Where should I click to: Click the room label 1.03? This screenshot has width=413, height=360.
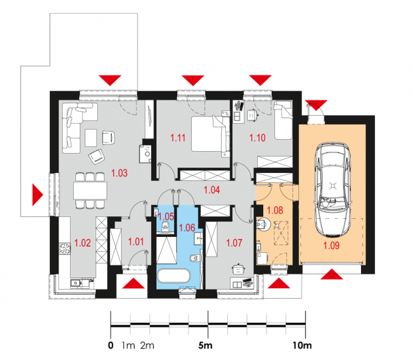click(x=119, y=173)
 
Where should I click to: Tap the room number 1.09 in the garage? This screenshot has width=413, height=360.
click(x=331, y=246)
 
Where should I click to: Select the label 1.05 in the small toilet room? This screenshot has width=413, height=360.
click(x=167, y=216)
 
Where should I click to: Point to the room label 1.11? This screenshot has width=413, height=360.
click(x=178, y=138)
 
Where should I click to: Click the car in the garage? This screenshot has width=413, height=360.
click(x=333, y=190)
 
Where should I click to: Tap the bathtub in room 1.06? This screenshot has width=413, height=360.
click(x=173, y=276)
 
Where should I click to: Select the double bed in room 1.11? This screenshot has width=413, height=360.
click(x=210, y=134)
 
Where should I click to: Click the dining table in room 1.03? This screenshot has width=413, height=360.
click(x=90, y=190)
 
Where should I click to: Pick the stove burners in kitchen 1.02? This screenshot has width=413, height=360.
click(x=65, y=248)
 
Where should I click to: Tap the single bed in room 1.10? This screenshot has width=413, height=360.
click(x=283, y=120)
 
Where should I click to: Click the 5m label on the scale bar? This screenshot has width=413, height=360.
click(x=205, y=345)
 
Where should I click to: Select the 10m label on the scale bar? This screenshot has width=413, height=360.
click(x=302, y=345)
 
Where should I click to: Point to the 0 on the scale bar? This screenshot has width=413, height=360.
click(x=111, y=345)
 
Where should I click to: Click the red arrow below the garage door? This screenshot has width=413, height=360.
click(x=332, y=274)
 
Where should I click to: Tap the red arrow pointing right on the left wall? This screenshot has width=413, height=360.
click(x=38, y=194)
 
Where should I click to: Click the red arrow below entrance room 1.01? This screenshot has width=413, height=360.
click(x=133, y=283)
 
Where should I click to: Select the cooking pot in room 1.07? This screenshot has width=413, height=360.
click(x=238, y=268)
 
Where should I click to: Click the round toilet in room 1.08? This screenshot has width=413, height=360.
click(x=263, y=224)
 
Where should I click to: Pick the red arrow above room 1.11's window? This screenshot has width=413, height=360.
click(x=193, y=81)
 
